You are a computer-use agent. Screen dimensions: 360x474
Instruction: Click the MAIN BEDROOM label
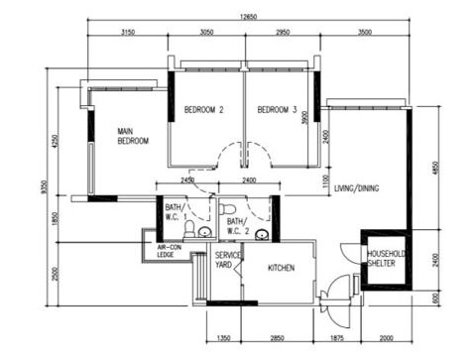pos(133,136)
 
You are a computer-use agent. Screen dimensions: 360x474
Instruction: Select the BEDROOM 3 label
pos(277,110)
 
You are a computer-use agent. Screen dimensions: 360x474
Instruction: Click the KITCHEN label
pos(281,267)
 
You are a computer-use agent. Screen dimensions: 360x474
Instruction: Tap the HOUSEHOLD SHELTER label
pos(382,258)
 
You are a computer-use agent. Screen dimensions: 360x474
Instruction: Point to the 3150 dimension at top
pos(128,32)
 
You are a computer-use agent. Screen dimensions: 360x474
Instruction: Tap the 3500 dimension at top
pos(365,32)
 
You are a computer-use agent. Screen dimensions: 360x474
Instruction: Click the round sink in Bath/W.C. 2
pos(262,235)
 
